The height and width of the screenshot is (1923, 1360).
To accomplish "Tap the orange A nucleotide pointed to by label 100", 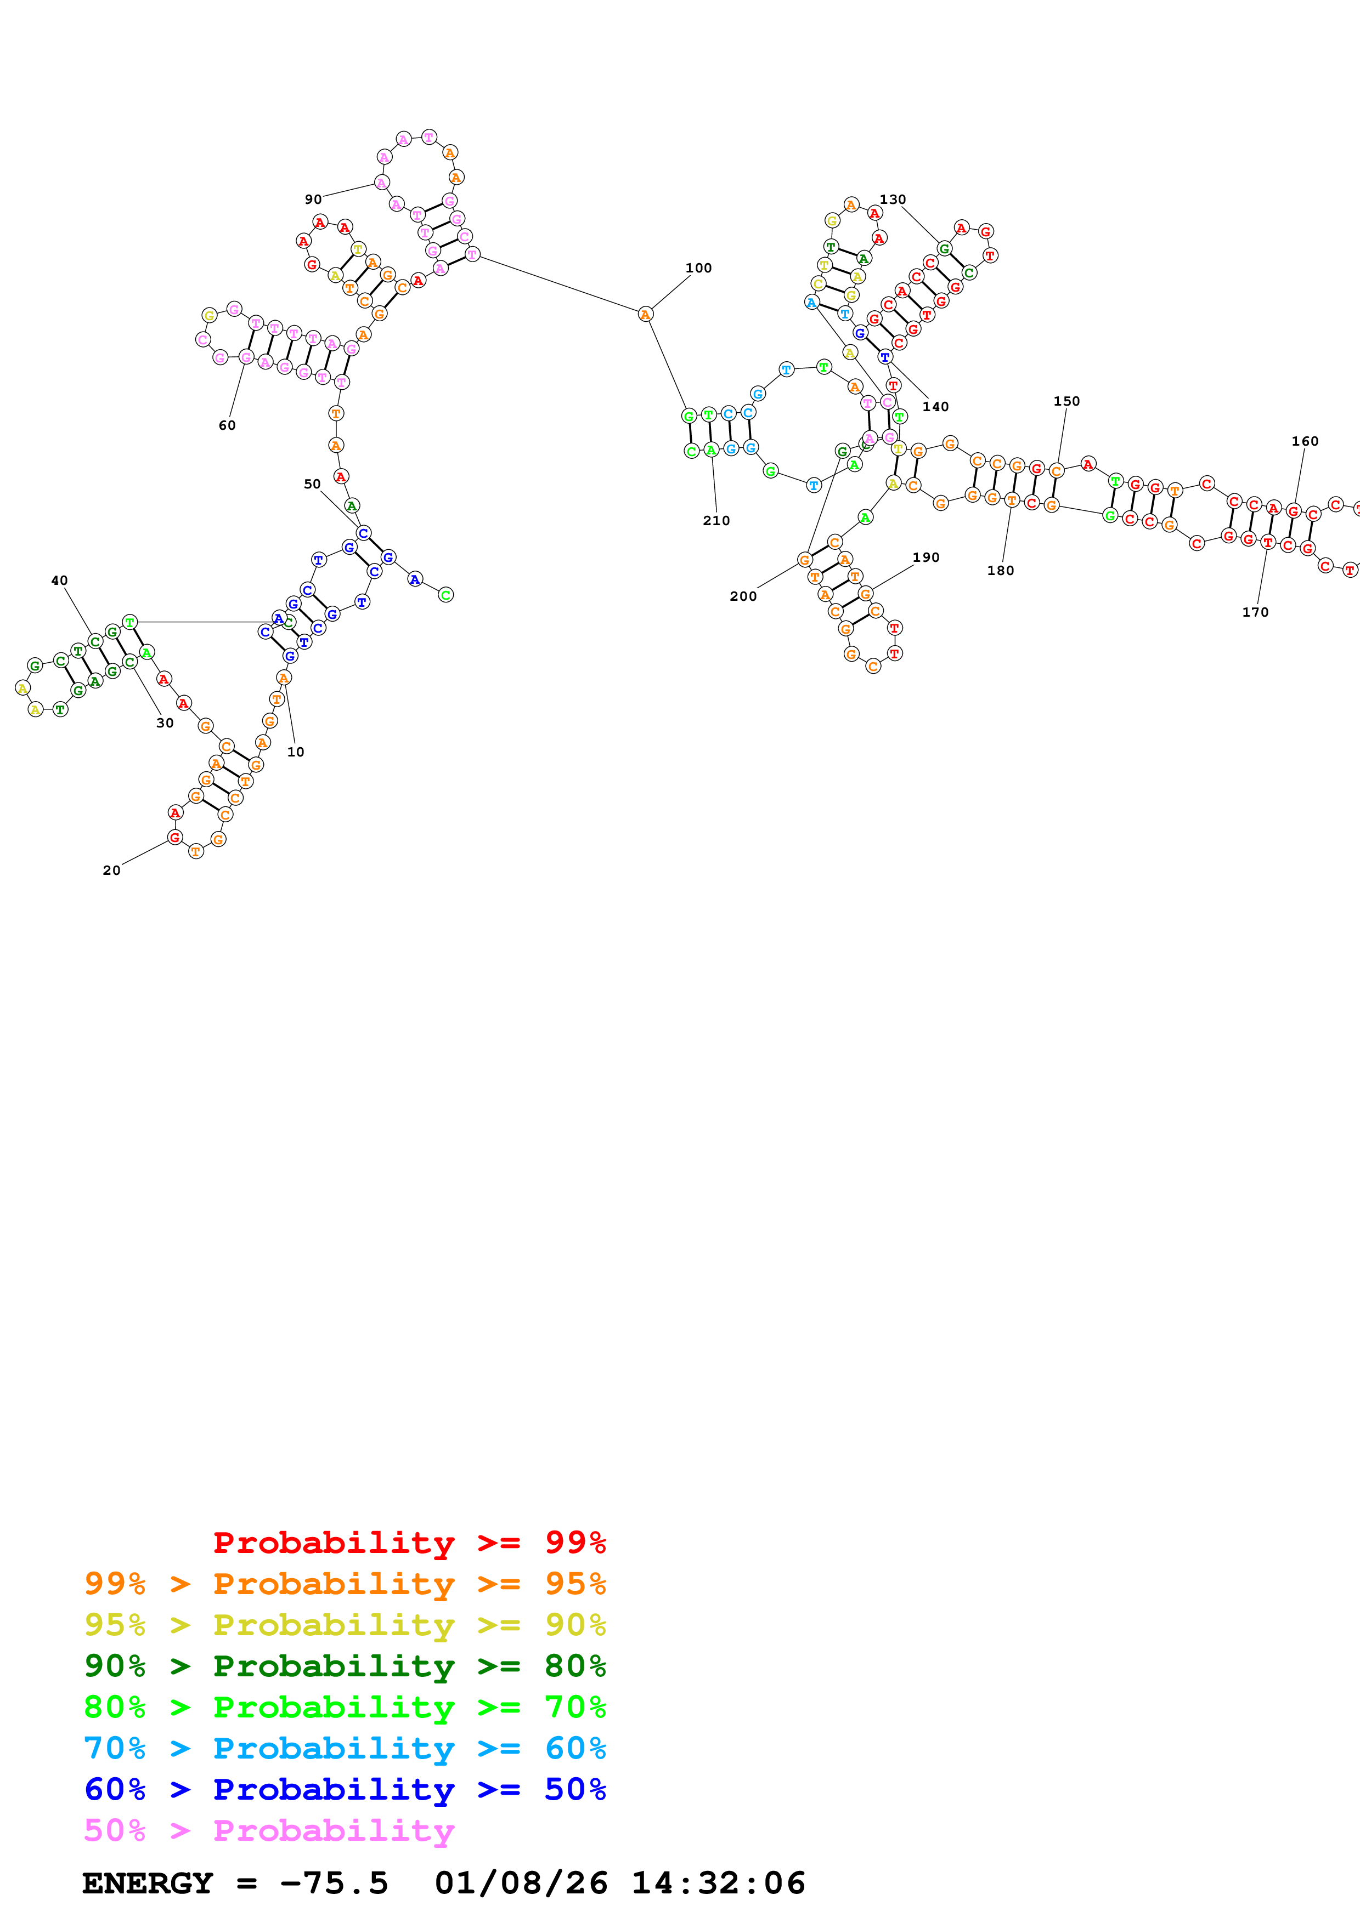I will (x=645, y=314).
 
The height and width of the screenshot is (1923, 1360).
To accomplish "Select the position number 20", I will (x=111, y=870).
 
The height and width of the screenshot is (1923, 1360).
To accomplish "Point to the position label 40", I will (x=59, y=581).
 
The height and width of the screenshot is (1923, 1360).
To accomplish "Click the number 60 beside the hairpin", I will (x=227, y=425).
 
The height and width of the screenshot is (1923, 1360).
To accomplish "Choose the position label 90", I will (x=313, y=200).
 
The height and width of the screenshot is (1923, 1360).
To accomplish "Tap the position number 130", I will (x=893, y=200).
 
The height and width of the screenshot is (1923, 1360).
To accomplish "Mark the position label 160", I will (x=1305, y=441).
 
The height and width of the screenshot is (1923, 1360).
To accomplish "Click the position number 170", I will (x=1255, y=612).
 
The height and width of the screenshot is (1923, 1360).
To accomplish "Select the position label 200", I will (x=743, y=596).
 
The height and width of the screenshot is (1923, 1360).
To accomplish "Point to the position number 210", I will (x=716, y=521).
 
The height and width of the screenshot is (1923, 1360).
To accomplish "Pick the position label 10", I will (x=296, y=752).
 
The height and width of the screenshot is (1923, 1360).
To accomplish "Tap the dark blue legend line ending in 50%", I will (x=345, y=1789).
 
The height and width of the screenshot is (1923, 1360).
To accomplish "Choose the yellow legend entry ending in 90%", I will (x=345, y=1625).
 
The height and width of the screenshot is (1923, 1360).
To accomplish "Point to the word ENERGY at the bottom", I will (x=148, y=1883).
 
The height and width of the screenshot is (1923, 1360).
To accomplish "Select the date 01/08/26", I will (x=521, y=1883).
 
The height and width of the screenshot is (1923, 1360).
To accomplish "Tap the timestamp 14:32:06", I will (x=718, y=1883).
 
